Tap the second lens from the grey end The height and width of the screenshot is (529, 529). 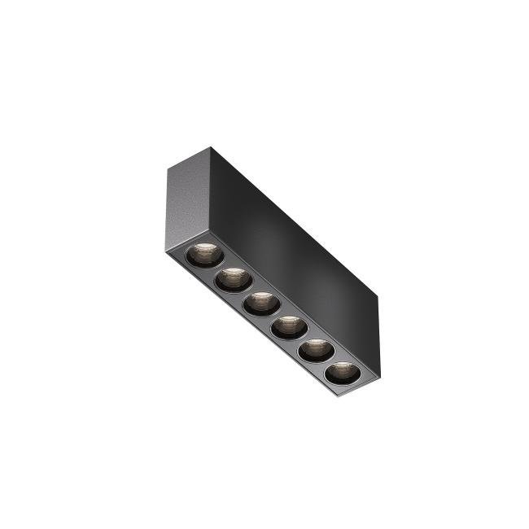click(x=233, y=279)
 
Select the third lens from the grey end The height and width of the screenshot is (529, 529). click(x=261, y=304)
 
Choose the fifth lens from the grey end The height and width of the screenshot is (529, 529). click(x=315, y=351)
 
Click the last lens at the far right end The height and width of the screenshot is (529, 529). click(x=342, y=374)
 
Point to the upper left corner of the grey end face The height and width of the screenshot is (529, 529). click(x=168, y=167)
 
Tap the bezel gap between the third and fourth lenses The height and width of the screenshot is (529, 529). click(x=275, y=317)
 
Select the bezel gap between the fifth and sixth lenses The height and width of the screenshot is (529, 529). click(x=329, y=363)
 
